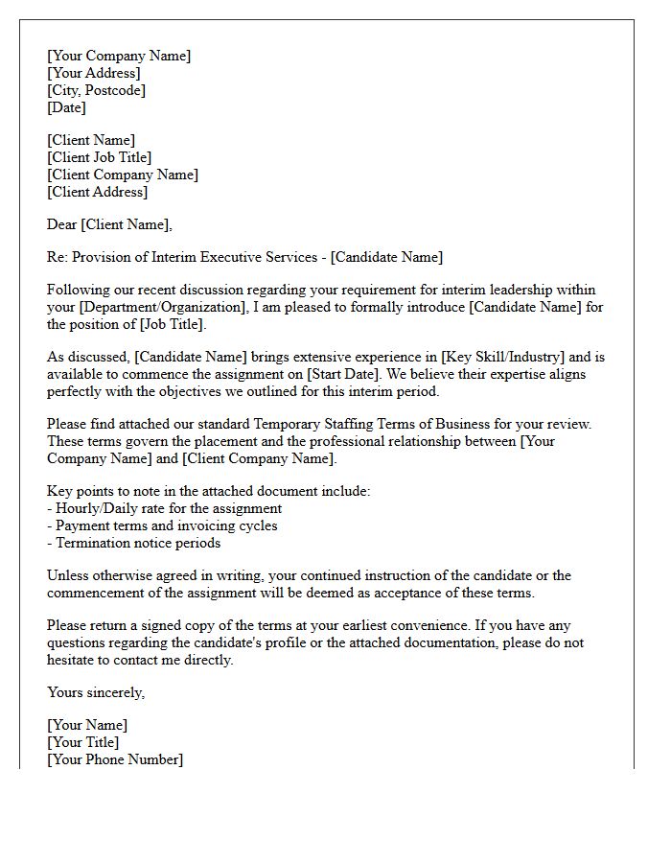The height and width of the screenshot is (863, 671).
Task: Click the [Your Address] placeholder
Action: [94, 73]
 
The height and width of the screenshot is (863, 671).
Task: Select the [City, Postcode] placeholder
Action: [96, 90]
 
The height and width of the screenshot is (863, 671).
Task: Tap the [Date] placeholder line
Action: [66, 107]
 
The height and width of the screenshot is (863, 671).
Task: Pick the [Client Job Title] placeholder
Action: [100, 157]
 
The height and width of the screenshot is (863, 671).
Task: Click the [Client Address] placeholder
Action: [98, 192]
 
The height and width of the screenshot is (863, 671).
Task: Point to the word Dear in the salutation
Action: [62, 224]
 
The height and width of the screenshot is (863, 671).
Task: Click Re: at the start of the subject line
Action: [58, 257]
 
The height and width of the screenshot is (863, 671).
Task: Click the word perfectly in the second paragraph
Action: [80, 391]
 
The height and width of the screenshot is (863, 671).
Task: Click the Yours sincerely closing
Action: [96, 692]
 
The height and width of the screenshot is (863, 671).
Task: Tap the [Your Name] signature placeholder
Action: [87, 725]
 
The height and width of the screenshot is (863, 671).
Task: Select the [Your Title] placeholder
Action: [83, 742]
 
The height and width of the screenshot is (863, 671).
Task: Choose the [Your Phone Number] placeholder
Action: [115, 759]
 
